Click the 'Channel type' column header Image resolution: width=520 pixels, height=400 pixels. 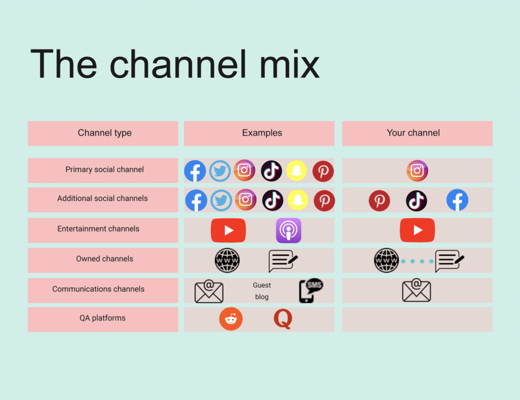(105, 133)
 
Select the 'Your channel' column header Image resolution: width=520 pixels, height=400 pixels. (413, 133)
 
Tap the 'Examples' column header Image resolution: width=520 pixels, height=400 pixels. (262, 133)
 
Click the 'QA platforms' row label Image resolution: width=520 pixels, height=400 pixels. (103, 318)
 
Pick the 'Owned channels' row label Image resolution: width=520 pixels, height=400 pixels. (105, 259)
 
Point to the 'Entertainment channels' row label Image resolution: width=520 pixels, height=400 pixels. (98, 229)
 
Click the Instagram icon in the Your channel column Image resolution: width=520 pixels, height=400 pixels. (417, 171)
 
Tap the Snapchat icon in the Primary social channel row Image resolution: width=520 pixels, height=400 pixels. (297, 171)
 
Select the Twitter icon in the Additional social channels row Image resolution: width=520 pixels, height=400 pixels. (221, 200)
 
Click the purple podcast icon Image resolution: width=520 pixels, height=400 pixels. (289, 230)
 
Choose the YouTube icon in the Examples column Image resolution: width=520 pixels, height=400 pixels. (228, 230)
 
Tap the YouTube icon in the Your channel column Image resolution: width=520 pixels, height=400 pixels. (417, 230)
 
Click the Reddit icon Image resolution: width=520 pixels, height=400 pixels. (231, 319)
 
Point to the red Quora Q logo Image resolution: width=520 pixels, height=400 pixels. (283, 319)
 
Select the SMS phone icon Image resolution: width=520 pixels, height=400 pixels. (311, 290)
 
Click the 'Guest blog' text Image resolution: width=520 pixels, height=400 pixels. (262, 291)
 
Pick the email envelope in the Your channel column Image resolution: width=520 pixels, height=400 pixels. (417, 290)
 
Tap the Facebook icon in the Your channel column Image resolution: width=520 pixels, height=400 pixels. (457, 200)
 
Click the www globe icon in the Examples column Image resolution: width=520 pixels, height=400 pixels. (227, 260)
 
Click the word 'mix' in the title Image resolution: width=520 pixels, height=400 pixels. (289, 64)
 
